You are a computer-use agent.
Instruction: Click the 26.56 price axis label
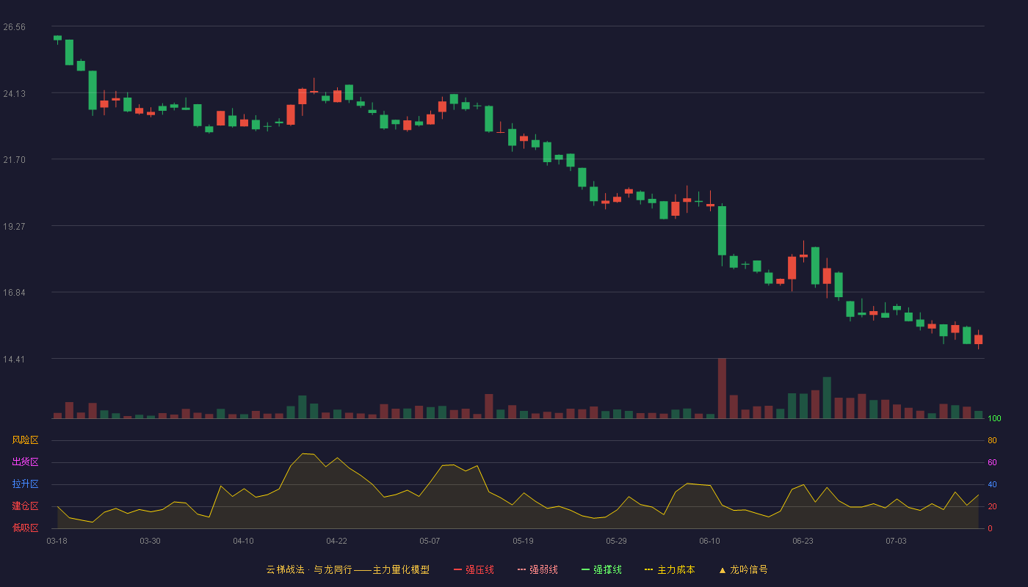pyautogui.click(x=14, y=27)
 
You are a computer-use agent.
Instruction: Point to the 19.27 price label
pyautogui.click(x=14, y=227)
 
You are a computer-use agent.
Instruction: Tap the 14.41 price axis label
pyautogui.click(x=14, y=360)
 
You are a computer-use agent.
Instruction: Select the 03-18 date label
pyautogui.click(x=57, y=542)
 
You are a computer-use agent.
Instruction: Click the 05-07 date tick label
pyautogui.click(x=430, y=542)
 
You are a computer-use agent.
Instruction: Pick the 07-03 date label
pyautogui.click(x=896, y=542)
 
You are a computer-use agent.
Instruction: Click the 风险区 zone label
pyautogui.click(x=25, y=440)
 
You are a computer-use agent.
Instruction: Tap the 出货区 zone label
pyautogui.click(x=25, y=462)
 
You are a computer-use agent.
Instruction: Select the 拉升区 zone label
pyautogui.click(x=25, y=484)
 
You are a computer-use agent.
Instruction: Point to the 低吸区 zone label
pyautogui.click(x=25, y=528)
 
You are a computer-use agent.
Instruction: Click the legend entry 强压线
pyautogui.click(x=474, y=569)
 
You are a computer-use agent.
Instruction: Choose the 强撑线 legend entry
pyautogui.click(x=601, y=569)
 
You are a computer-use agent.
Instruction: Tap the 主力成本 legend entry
pyautogui.click(x=670, y=569)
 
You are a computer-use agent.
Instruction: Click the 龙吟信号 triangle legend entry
pyautogui.click(x=743, y=569)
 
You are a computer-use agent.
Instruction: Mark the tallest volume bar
pyautogui.click(x=722, y=388)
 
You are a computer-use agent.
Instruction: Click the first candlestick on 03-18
pyautogui.click(x=57, y=38)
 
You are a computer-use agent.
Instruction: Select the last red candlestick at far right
pyautogui.click(x=978, y=339)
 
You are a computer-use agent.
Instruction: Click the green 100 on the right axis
pyautogui.click(x=994, y=418)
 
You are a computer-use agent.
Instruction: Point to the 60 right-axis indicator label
pyautogui.click(x=992, y=462)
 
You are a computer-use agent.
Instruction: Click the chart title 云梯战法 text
pyautogui.click(x=285, y=569)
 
